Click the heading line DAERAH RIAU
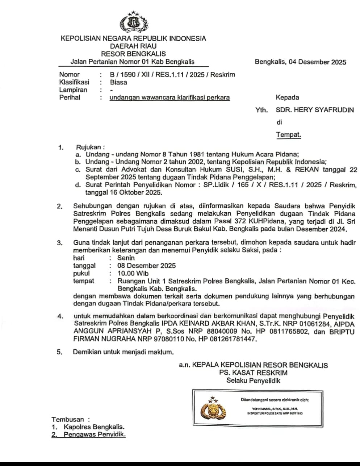click(x=133, y=46)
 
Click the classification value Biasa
click(x=118, y=82)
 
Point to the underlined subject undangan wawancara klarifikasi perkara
click(x=169, y=97)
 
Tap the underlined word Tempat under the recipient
click(x=288, y=135)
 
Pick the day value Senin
click(x=126, y=258)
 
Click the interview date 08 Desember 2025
click(x=146, y=266)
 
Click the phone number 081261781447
click(x=234, y=339)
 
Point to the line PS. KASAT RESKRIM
click(x=253, y=373)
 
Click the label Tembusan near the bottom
click(x=68, y=419)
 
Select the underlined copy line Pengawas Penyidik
click(x=95, y=434)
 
